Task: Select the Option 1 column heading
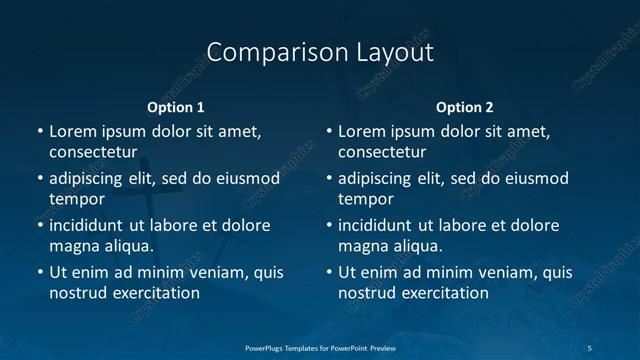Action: [176, 107]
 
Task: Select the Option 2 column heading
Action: [465, 107]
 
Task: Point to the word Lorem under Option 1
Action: [72, 131]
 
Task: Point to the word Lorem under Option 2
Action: [362, 131]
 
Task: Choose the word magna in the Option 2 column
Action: [363, 246]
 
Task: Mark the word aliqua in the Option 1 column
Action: [127, 246]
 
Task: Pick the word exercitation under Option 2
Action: [443, 293]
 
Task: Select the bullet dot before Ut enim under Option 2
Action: [329, 272]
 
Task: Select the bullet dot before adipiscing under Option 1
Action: [39, 178]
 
